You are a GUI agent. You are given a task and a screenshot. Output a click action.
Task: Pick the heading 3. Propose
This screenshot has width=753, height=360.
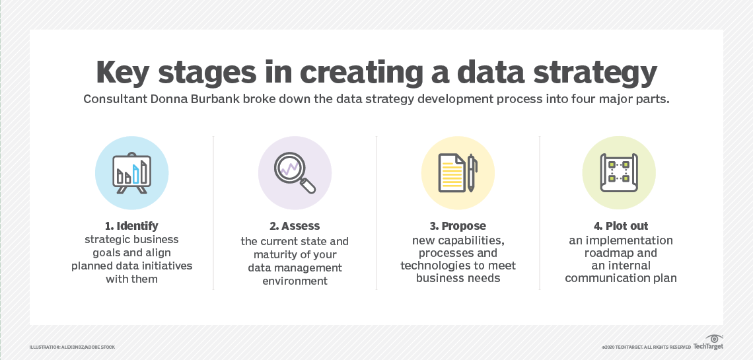click(x=458, y=226)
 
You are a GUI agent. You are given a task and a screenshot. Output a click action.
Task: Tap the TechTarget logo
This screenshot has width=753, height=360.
click(x=709, y=344)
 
